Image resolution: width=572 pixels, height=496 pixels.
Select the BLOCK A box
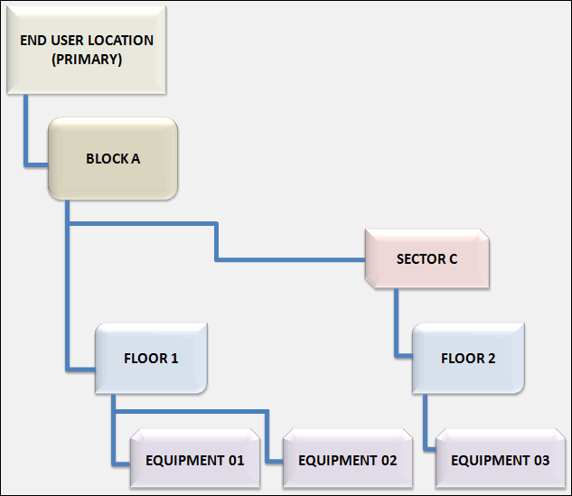113,159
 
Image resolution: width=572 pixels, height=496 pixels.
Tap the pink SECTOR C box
427,259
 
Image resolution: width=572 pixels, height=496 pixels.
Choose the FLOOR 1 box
151,358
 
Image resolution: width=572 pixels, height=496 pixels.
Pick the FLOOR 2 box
468,358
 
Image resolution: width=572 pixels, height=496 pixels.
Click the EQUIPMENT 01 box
195,460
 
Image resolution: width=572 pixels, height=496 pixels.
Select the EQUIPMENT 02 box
348,460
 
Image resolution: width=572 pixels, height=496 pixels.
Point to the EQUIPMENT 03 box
500,460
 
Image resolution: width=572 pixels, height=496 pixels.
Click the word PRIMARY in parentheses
88,59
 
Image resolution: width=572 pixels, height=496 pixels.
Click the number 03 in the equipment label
539,460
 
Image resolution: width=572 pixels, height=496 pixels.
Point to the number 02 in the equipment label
387,460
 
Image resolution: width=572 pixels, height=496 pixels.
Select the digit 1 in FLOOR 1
174,358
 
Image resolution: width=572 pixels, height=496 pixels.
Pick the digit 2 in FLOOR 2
492,358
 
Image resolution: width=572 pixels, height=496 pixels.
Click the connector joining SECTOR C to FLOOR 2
396,325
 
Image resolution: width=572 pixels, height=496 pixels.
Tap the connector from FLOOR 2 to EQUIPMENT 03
427,425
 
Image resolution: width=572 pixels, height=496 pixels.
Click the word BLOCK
107,159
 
